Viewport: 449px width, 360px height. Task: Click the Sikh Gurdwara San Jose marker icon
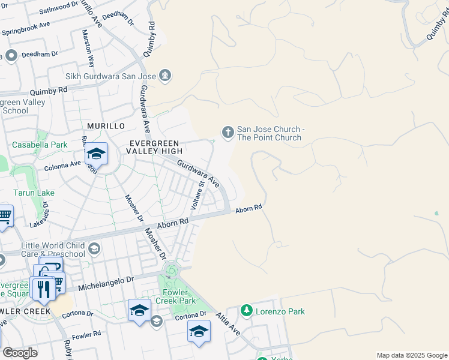[166, 76]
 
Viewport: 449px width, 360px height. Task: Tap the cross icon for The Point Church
[228, 132]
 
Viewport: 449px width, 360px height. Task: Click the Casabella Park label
[40, 145]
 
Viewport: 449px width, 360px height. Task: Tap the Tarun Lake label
[34, 193]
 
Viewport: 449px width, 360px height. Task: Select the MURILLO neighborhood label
[104, 126]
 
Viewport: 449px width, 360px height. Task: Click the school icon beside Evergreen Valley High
[96, 155]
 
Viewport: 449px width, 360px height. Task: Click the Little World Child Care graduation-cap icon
[94, 248]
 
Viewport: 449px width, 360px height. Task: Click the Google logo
[20, 353]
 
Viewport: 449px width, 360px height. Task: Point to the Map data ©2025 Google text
[411, 355]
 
